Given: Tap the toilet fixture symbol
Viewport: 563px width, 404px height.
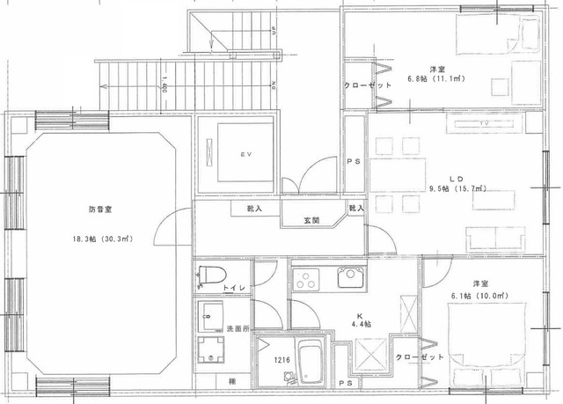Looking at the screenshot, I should click(x=208, y=276).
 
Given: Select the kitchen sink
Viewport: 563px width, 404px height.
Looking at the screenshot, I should click(x=349, y=282).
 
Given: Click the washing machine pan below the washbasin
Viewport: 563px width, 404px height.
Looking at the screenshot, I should click(x=211, y=346).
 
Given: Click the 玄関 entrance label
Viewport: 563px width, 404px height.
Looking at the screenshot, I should click(x=312, y=219).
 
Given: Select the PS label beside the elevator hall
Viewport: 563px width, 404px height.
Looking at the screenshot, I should click(x=355, y=162).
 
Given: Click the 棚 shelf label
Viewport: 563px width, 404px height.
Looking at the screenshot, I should click(x=231, y=381).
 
